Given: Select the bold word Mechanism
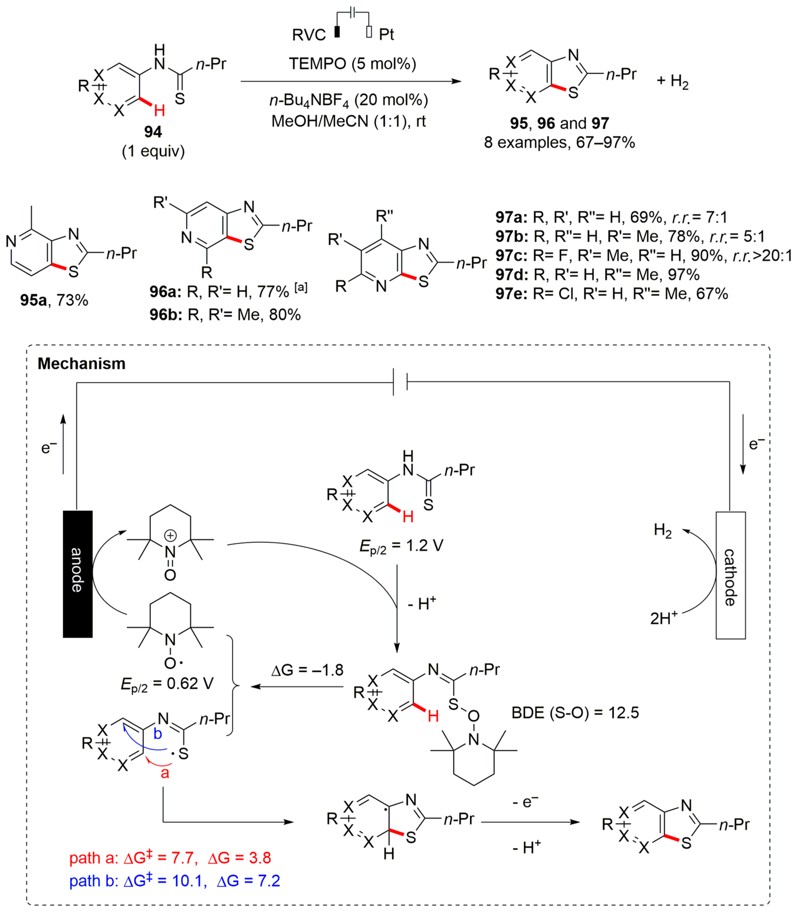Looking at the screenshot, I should pyautogui.click(x=82, y=364).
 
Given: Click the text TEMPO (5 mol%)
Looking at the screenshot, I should pyautogui.click(x=353, y=64).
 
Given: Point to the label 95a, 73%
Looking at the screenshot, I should pyautogui.click(x=54, y=300).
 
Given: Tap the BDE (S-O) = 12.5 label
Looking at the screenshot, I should pyautogui.click(x=575, y=712).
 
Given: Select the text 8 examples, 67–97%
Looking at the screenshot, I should pyautogui.click(x=560, y=143).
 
